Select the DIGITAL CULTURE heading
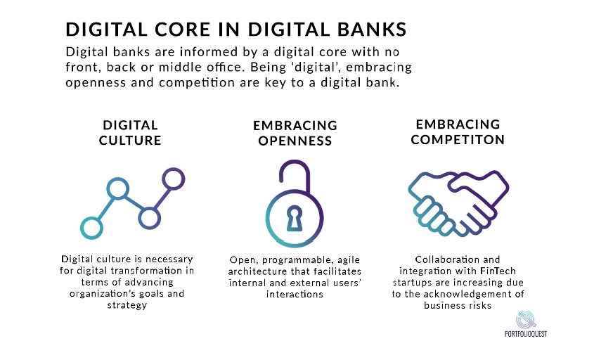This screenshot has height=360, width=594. coord(130,133)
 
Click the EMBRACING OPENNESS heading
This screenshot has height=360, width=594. coord(295,133)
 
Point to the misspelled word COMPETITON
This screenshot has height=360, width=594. coord(458,140)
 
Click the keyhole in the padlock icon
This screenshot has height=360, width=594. coord(295,218)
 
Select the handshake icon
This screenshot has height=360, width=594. coord(458,204)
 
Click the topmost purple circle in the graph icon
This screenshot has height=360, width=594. coord(174,179)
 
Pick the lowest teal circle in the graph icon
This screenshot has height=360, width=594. coord(91,228)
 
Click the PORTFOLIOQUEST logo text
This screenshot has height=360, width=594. coord(526,334)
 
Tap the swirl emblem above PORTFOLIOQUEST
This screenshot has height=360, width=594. coord(526,320)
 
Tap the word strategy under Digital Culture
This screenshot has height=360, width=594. coord(127,305)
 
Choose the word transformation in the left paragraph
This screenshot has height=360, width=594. coord(146,271)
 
